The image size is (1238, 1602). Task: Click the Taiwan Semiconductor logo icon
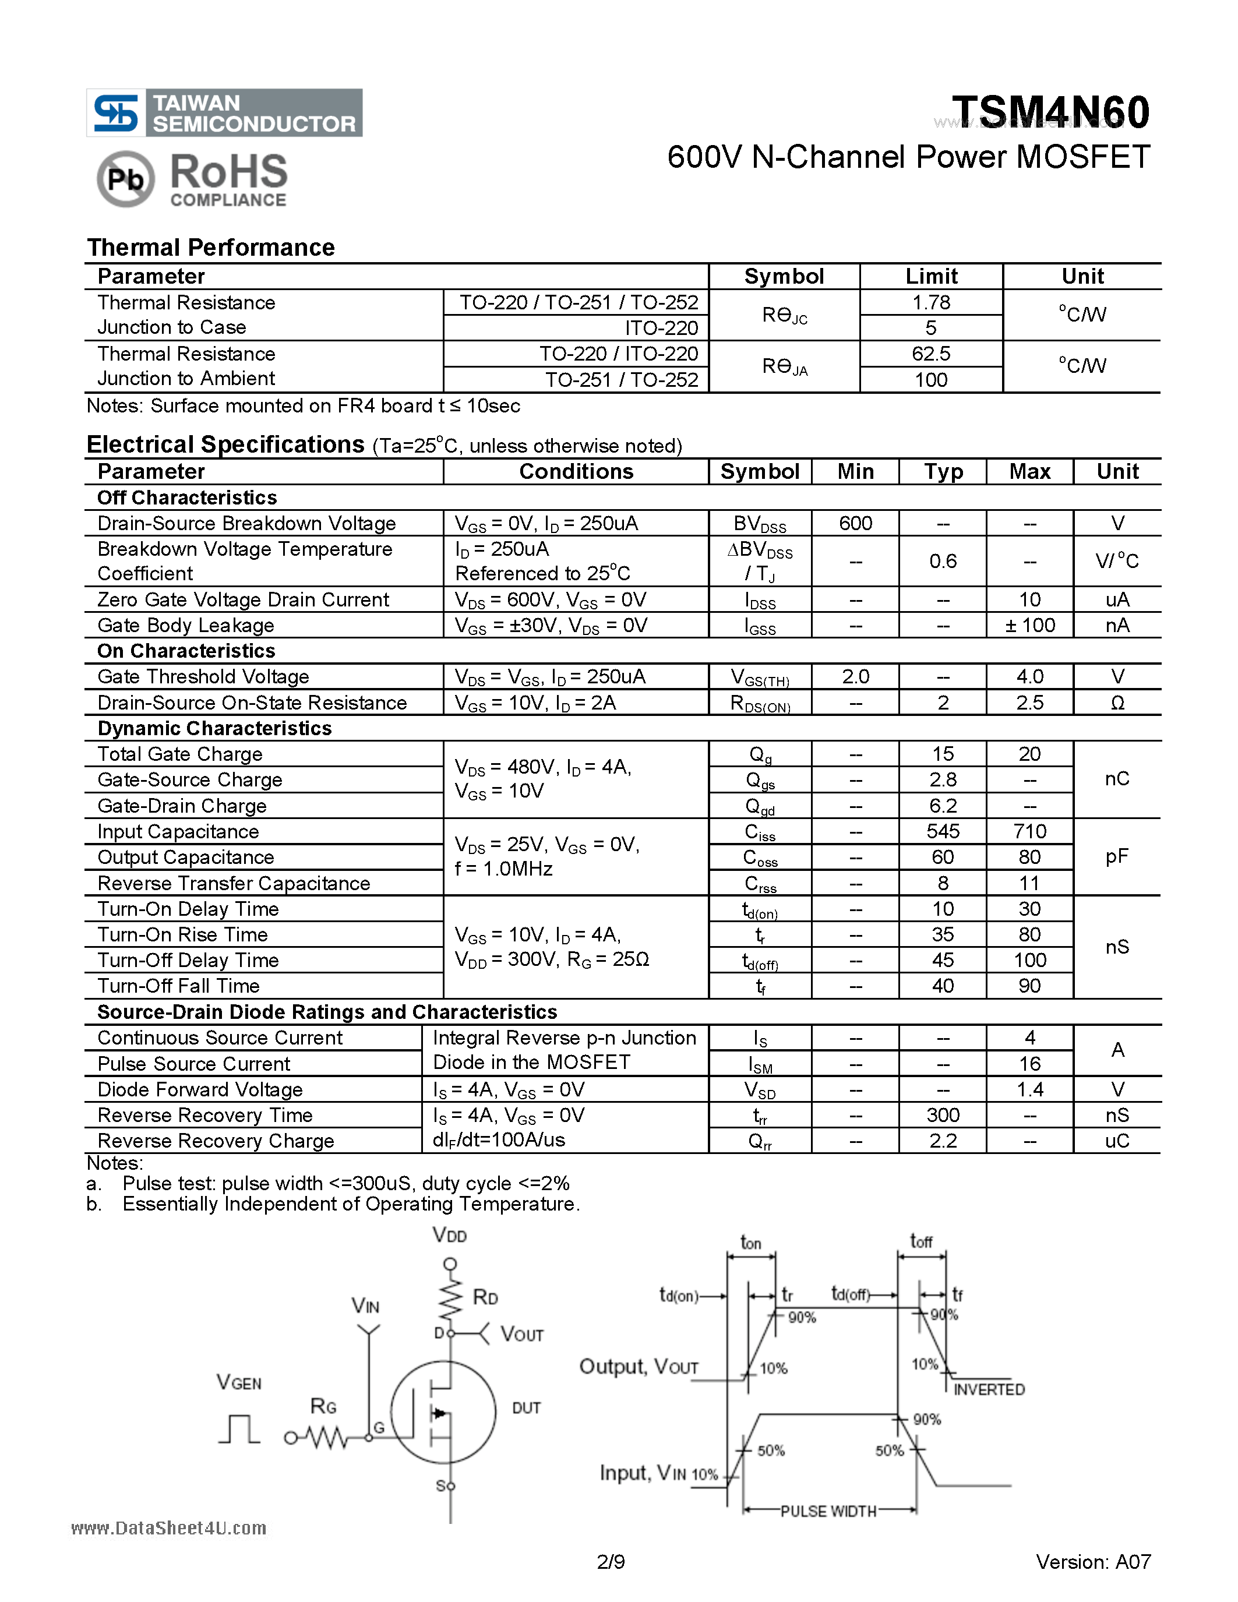coord(116,113)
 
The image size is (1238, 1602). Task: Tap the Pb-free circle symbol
coord(125,178)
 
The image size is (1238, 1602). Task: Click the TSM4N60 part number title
coord(1050,112)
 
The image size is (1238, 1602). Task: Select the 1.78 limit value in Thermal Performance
coord(931,302)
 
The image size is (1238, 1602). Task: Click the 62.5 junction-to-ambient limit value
coord(931,354)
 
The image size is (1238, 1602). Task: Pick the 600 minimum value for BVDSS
coord(855,523)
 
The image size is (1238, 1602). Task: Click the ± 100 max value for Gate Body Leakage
coord(1029,625)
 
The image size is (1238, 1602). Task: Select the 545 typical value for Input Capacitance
coord(943,831)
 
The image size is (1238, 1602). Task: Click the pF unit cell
coord(1116,857)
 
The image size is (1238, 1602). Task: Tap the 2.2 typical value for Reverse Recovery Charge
coord(943,1141)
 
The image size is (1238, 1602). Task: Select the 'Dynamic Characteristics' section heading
coord(214,728)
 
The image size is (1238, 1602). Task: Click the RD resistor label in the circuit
coord(485,1297)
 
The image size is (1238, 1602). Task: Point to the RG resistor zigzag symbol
coord(326,1438)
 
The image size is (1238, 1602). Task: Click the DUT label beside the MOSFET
coord(526,1407)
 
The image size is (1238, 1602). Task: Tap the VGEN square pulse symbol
coord(239,1429)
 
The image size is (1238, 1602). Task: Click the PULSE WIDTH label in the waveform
coord(828,1511)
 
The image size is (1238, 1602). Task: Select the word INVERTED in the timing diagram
coord(989,1389)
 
